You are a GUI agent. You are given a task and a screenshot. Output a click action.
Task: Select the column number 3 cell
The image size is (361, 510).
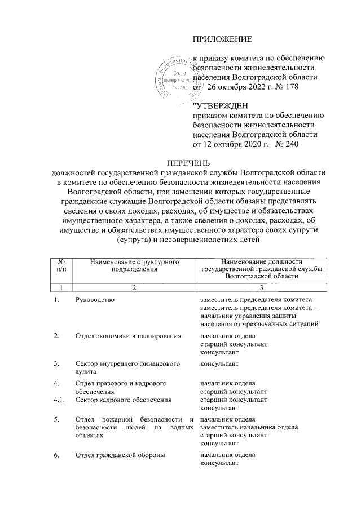coord(261,288)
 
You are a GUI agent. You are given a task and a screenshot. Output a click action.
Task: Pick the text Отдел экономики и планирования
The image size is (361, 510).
coord(128,336)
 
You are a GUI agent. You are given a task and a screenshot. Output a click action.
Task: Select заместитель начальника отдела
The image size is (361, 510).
coord(249,427)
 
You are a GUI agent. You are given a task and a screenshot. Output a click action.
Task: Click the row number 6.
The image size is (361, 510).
coord(56,455)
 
